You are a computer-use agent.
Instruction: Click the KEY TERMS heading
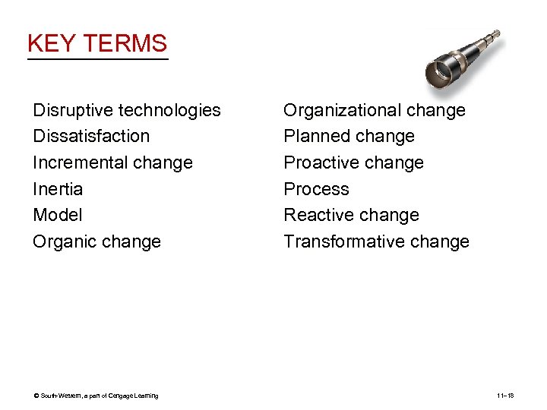pyautogui.click(x=96, y=43)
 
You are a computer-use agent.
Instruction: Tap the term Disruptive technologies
pyautogui.click(x=127, y=110)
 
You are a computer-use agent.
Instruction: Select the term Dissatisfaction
pyautogui.click(x=91, y=136)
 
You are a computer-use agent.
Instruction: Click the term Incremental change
pyautogui.click(x=112, y=162)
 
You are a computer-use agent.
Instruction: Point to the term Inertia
pyautogui.click(x=58, y=189)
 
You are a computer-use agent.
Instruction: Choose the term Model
pyautogui.click(x=57, y=215)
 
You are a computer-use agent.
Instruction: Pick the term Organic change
pyautogui.click(x=96, y=241)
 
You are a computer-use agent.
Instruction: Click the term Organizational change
pyautogui.click(x=374, y=110)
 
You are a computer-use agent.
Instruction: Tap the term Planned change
pyautogui.click(x=349, y=136)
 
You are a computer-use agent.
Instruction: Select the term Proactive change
pyautogui.click(x=353, y=162)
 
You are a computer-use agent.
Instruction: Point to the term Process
pyautogui.click(x=316, y=189)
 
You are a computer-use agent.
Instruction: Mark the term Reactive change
pyautogui.click(x=351, y=215)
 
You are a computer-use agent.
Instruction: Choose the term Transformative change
pyautogui.click(x=376, y=241)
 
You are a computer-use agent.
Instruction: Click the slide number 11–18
pyautogui.click(x=505, y=396)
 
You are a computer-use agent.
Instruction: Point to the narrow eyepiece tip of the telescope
pyautogui.click(x=495, y=34)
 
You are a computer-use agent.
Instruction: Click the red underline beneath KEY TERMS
pyautogui.click(x=96, y=58)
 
